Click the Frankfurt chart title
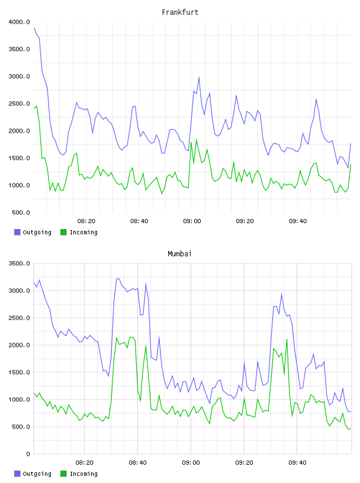(180, 12)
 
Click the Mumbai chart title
(179, 254)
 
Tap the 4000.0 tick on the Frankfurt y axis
(19, 22)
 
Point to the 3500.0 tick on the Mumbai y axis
(19, 263)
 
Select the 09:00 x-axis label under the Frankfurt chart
(192, 221)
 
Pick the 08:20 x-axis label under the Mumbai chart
(84, 463)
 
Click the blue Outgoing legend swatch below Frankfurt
(17, 232)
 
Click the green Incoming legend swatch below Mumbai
(63, 474)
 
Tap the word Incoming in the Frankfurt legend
(83, 232)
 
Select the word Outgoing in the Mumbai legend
(37, 474)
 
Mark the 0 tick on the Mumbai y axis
(28, 454)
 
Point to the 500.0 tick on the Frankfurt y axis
(21, 212)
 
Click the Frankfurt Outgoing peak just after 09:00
(199, 78)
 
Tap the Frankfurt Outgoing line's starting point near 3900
(34, 28)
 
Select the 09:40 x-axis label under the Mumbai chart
(297, 463)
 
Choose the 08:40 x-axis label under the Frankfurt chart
(139, 221)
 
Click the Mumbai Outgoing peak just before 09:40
(281, 295)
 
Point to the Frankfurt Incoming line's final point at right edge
(351, 164)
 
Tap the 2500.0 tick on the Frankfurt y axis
(19, 104)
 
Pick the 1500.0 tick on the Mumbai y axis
(19, 372)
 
